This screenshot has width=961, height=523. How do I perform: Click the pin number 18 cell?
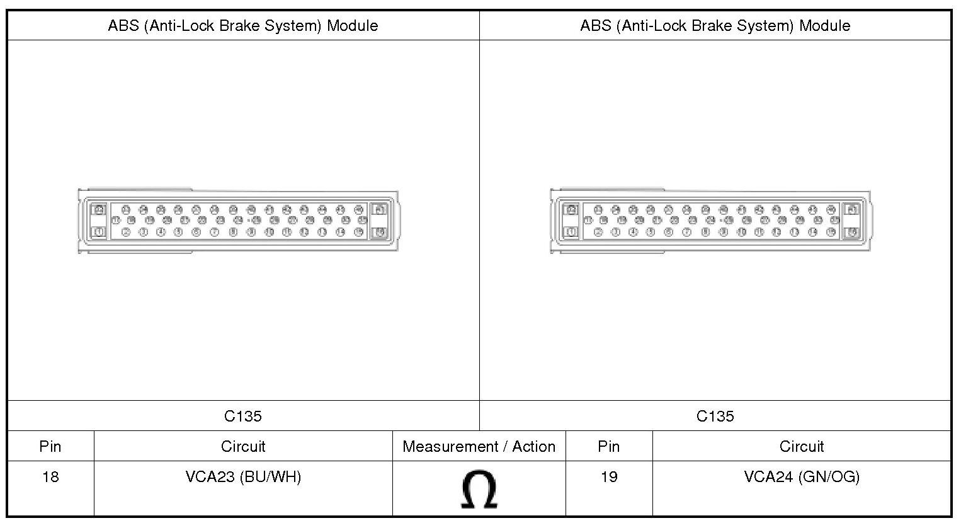click(x=50, y=477)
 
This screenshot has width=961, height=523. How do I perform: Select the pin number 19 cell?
click(x=608, y=477)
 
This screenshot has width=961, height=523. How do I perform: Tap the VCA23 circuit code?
click(x=210, y=477)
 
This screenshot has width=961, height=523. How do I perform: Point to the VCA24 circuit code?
click(x=768, y=477)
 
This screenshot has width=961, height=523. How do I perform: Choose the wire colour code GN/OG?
click(x=829, y=477)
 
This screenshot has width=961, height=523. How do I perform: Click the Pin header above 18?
click(x=50, y=447)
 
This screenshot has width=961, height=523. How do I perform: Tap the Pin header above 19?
click(x=608, y=447)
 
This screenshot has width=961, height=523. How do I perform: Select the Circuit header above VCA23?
click(x=243, y=447)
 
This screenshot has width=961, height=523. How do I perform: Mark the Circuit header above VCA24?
click(x=801, y=447)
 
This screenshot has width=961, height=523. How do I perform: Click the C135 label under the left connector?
click(x=243, y=416)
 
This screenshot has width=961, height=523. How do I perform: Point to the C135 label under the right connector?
click(x=715, y=416)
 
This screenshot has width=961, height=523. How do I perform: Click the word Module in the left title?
click(x=352, y=26)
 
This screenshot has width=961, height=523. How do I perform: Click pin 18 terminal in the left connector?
click(x=131, y=221)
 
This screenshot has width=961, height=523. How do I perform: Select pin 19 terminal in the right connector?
click(x=622, y=221)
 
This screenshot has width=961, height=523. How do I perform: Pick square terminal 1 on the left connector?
click(x=99, y=232)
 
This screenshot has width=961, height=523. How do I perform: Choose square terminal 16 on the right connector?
click(x=851, y=232)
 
